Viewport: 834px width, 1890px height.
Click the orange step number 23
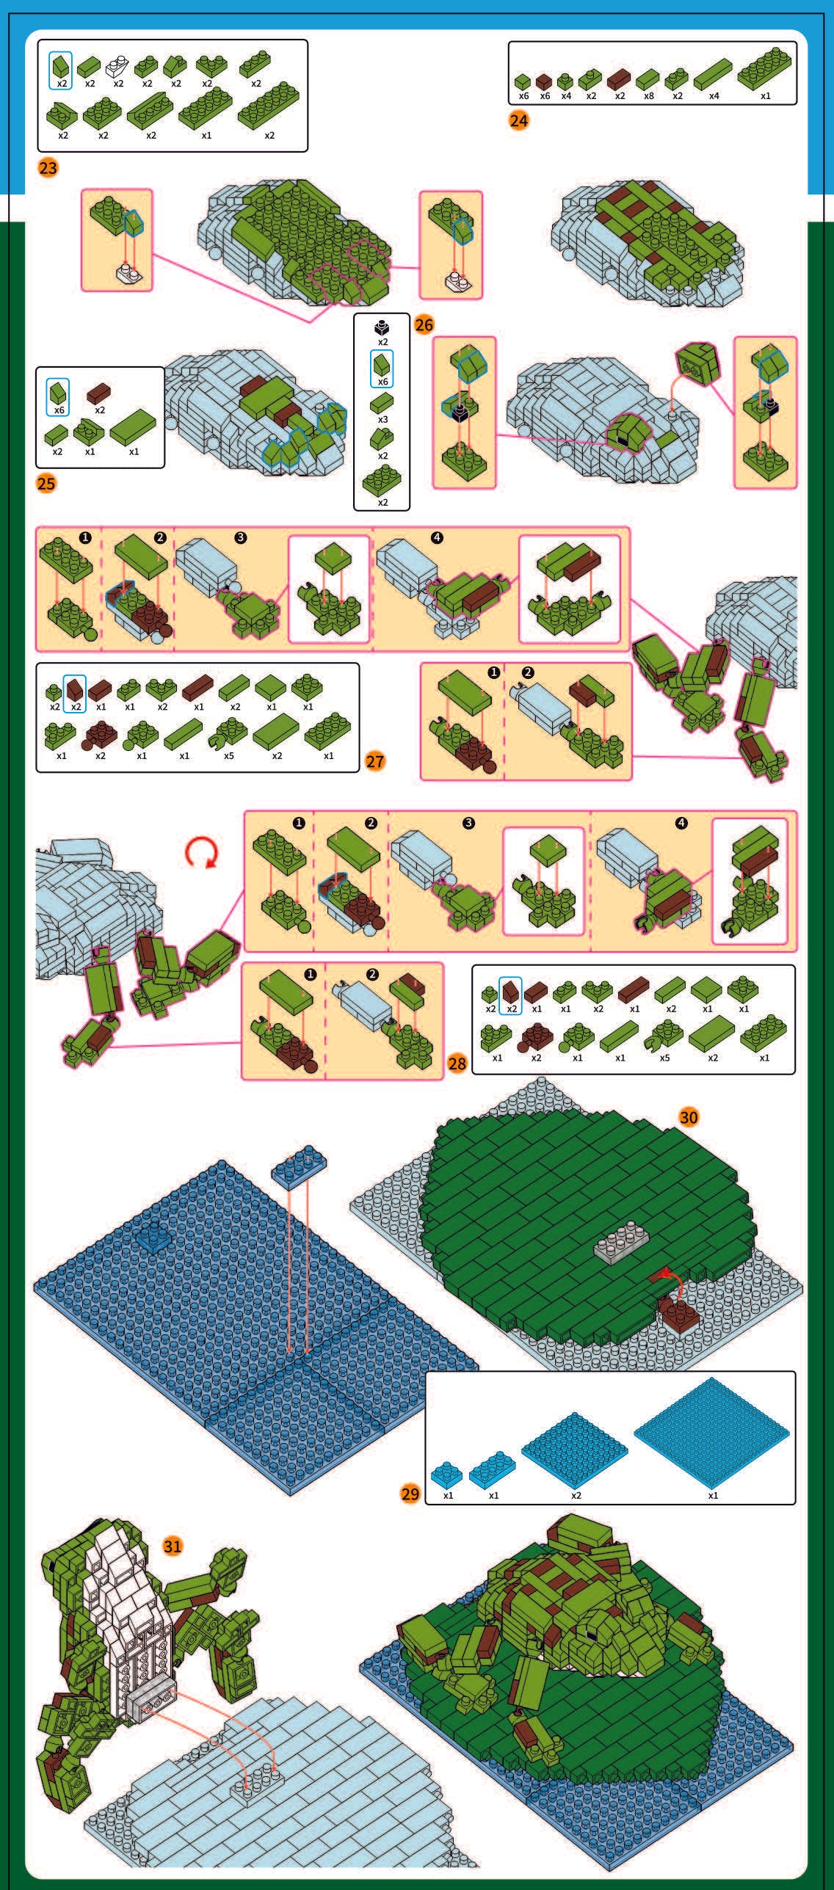click(x=48, y=168)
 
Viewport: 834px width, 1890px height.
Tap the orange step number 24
click(x=518, y=120)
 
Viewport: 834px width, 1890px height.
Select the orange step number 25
click(x=46, y=484)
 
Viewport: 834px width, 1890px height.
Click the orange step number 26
click(x=424, y=324)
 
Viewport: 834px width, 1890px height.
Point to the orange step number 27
click(x=375, y=761)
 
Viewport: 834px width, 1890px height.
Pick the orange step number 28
click(x=457, y=1064)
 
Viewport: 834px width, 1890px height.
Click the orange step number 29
click(x=410, y=1494)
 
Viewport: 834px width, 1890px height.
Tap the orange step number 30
click(x=688, y=1117)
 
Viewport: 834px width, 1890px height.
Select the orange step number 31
click(x=173, y=1546)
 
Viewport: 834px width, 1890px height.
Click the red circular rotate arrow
click(x=201, y=852)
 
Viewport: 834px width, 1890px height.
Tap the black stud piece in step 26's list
click(x=382, y=327)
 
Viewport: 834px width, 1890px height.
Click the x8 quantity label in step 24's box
click(x=648, y=96)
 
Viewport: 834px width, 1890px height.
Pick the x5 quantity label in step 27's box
click(x=229, y=755)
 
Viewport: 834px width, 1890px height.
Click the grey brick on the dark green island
click(x=623, y=1242)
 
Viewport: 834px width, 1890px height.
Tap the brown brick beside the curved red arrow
click(x=678, y=1314)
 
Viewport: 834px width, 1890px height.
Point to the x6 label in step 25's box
click(x=59, y=410)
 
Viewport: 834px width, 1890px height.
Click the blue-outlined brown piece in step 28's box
click(x=510, y=992)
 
